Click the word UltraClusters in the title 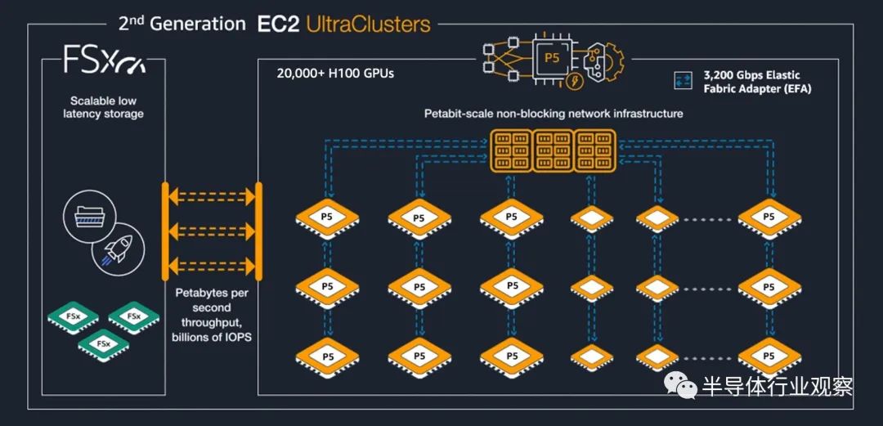pyautogui.click(x=368, y=25)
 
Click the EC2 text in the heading pyautogui.click(x=278, y=25)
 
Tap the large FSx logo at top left pyautogui.click(x=104, y=60)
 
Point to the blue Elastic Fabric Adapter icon pyautogui.click(x=683, y=81)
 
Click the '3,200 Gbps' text pyautogui.click(x=728, y=75)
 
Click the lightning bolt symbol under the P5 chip pyautogui.click(x=574, y=81)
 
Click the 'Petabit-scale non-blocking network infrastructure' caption pyautogui.click(x=553, y=114)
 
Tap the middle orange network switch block pyautogui.click(x=552, y=150)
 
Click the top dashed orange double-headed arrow pyautogui.click(x=212, y=197)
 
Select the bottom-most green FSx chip pyautogui.click(x=104, y=344)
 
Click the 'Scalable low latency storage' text pyautogui.click(x=104, y=107)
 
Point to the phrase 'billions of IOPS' pyautogui.click(x=211, y=337)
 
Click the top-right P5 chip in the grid pyautogui.click(x=769, y=218)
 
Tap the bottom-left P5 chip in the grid pyautogui.click(x=327, y=356)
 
